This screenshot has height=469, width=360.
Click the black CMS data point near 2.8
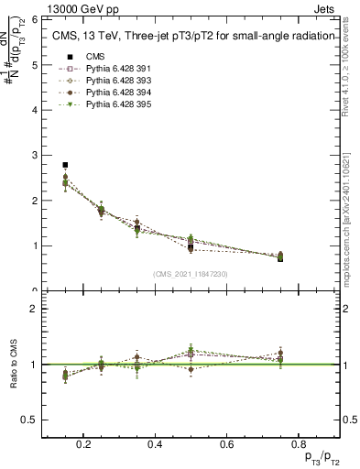coord(65,165)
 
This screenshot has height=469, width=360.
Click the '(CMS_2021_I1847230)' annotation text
coord(190,273)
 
